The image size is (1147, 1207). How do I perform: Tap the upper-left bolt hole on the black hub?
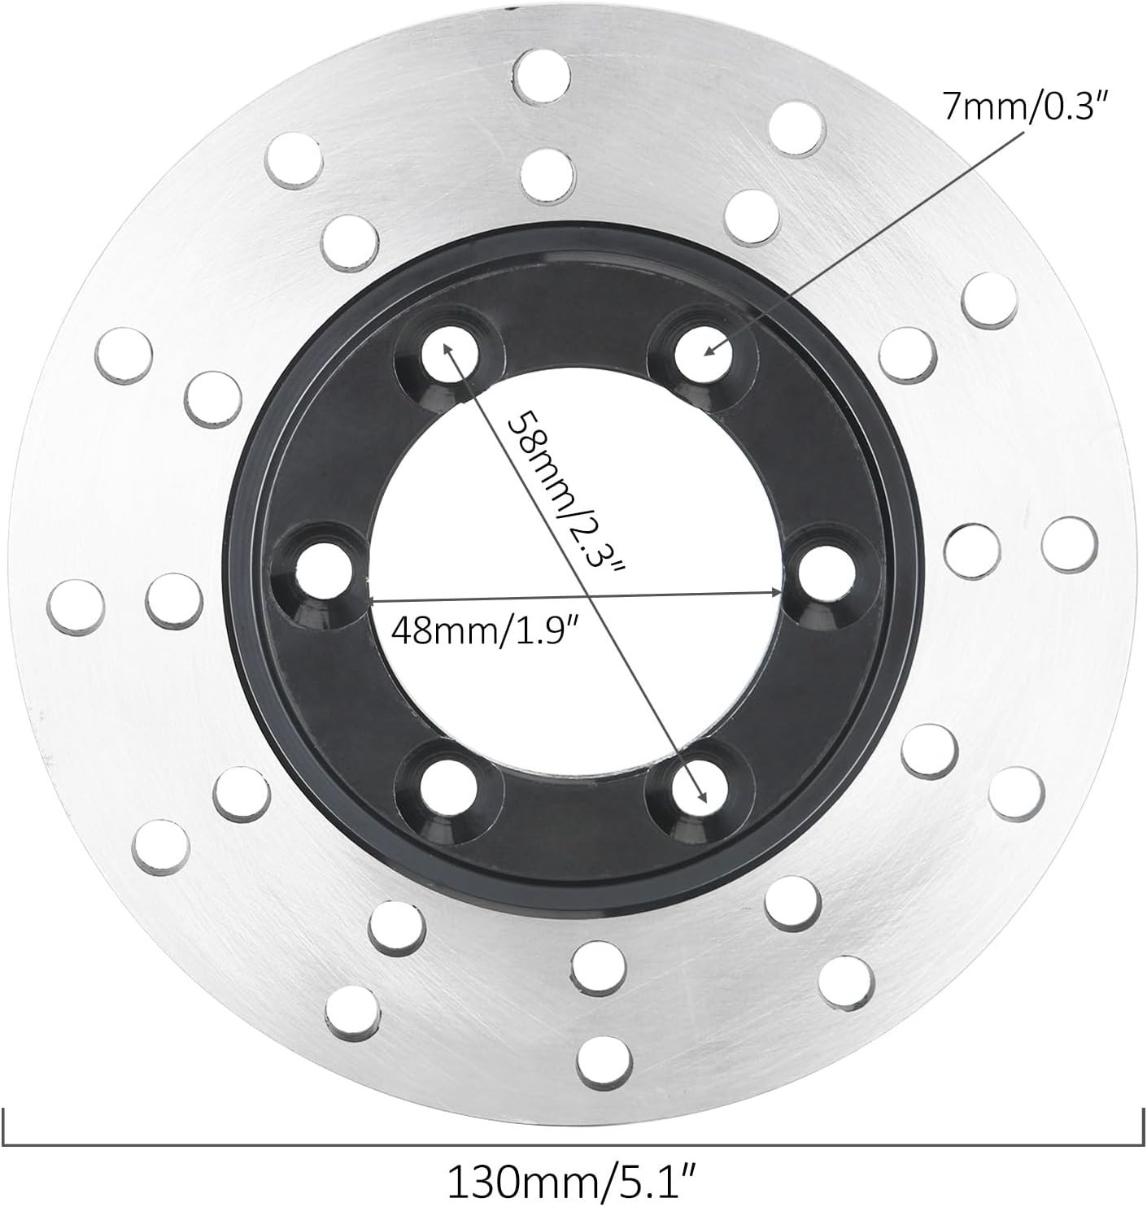click(450, 353)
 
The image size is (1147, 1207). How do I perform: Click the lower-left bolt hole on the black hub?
click(449, 789)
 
